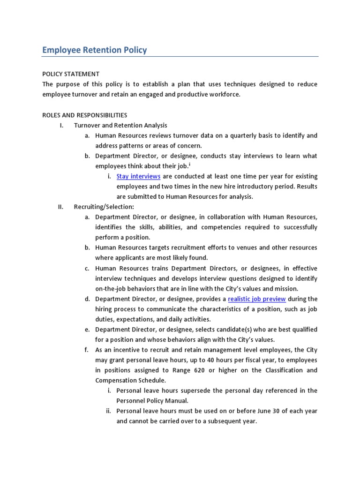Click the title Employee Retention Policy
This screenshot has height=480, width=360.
tap(94, 50)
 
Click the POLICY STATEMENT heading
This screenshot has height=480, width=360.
tap(71, 74)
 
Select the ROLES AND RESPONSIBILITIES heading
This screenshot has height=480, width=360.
tap(84, 115)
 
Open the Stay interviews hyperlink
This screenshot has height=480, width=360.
tap(138, 176)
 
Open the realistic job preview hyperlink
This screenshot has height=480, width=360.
tap(257, 299)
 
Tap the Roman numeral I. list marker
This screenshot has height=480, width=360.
tap(61, 125)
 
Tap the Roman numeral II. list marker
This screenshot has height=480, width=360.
tap(60, 207)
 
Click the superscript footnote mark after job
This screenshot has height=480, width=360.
tap(190, 165)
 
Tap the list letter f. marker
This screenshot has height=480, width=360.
tap(87, 350)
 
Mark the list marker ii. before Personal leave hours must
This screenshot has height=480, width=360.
tap(109, 411)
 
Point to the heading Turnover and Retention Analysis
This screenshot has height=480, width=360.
tap(120, 125)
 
